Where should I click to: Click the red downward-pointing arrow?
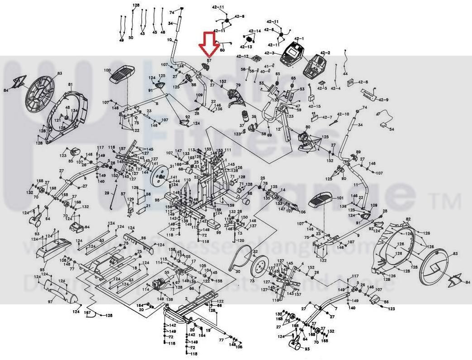[x=209, y=45]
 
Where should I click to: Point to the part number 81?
[x=70, y=85]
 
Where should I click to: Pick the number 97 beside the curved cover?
[x=51, y=301]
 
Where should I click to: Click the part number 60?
[x=222, y=50]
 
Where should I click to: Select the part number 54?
[x=392, y=130]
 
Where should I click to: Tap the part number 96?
[x=143, y=238]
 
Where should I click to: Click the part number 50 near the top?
[x=131, y=38]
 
